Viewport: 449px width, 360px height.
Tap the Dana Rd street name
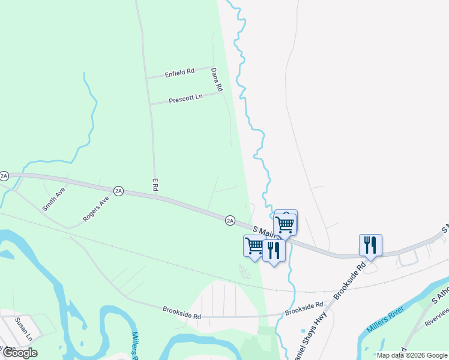click(217, 79)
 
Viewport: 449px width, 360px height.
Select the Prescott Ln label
click(185, 97)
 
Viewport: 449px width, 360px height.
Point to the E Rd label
click(154, 184)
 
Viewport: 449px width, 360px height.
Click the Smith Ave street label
click(53, 199)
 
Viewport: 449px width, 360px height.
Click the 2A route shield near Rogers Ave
click(118, 191)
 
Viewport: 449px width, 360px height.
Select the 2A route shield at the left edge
click(4, 176)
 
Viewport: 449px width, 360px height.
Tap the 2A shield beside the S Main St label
click(230, 220)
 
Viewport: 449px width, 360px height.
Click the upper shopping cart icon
click(286, 224)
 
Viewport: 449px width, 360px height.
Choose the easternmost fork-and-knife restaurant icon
click(370, 244)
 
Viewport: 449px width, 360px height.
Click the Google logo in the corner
click(19, 353)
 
